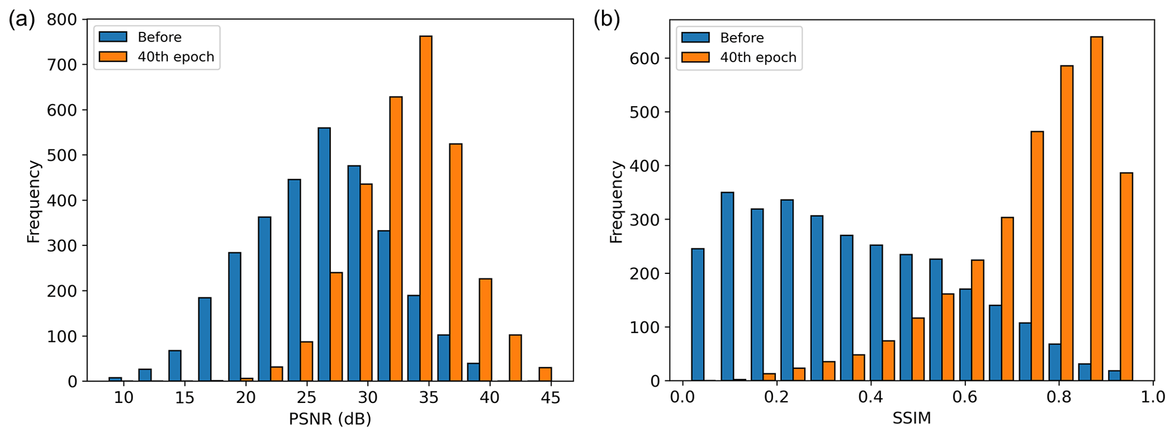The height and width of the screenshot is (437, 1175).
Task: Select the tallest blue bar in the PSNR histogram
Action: click(x=324, y=254)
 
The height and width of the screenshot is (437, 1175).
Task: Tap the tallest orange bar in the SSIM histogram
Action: click(x=1097, y=209)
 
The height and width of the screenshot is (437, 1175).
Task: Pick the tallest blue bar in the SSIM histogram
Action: click(x=727, y=286)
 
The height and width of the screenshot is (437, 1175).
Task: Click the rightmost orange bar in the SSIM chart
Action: click(x=1126, y=277)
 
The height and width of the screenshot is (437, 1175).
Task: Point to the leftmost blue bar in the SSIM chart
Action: click(x=697, y=314)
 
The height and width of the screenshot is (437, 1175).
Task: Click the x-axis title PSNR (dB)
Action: click(x=330, y=419)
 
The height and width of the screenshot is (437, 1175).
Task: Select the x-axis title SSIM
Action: click(x=911, y=419)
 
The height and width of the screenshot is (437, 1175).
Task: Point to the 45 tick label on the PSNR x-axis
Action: click(x=550, y=397)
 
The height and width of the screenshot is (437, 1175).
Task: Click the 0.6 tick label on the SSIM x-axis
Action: click(x=964, y=397)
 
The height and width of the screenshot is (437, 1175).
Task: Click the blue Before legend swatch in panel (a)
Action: click(x=113, y=37)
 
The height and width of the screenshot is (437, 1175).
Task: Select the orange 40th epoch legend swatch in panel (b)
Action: click(x=695, y=57)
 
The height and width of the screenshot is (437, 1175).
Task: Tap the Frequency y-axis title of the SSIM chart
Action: click(x=616, y=202)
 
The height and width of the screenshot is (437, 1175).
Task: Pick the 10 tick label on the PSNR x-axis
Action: click(x=123, y=397)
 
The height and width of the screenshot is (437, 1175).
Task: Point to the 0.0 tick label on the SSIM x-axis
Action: click(x=682, y=397)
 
